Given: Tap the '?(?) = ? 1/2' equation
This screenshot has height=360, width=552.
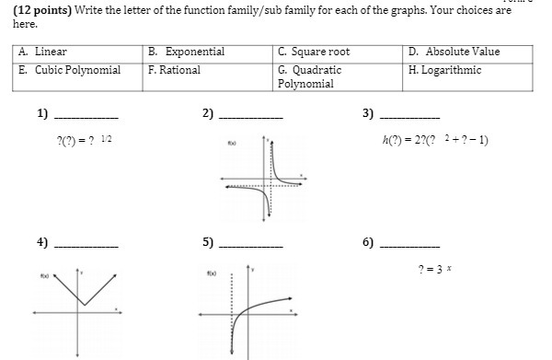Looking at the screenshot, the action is [86, 140].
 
